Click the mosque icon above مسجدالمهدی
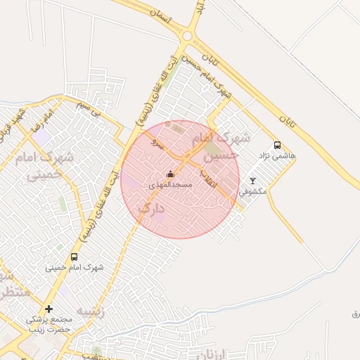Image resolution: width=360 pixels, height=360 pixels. coord(169,174)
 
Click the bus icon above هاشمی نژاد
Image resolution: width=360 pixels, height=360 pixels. coord(277,145)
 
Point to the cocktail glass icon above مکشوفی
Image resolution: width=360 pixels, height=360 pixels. coord(253,181)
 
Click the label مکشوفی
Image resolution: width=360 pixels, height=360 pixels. coord(253,191)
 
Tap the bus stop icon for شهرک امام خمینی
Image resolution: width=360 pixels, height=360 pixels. coord(75,257)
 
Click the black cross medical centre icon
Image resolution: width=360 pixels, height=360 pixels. coord(49,309)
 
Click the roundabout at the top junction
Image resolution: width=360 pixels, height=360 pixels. coord(186,37)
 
